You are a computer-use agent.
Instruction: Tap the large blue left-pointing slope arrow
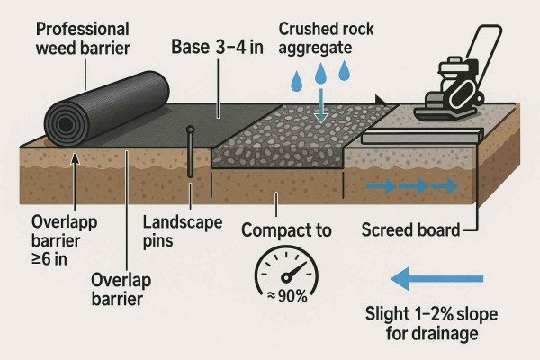point(440,281)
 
